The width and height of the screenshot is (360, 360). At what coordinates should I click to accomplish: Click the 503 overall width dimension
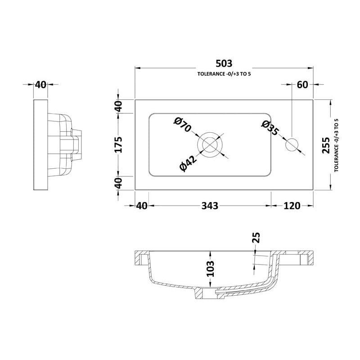[x=224, y=63]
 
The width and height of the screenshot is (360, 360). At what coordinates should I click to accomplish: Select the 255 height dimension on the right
[x=326, y=145]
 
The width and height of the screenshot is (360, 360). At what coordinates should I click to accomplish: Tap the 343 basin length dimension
[x=210, y=206]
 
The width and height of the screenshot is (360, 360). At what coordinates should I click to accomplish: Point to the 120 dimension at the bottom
[x=292, y=206]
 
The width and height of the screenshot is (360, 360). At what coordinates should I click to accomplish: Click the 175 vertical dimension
[x=118, y=144]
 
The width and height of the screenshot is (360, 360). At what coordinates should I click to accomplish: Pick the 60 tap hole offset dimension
[x=302, y=85]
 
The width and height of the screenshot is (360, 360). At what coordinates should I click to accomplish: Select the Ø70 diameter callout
[x=183, y=125]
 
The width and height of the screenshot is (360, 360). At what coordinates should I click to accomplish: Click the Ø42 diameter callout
[x=188, y=163]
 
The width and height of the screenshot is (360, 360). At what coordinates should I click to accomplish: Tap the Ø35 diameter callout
[x=270, y=128]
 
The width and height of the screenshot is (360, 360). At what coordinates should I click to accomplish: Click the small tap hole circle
[x=292, y=145]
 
